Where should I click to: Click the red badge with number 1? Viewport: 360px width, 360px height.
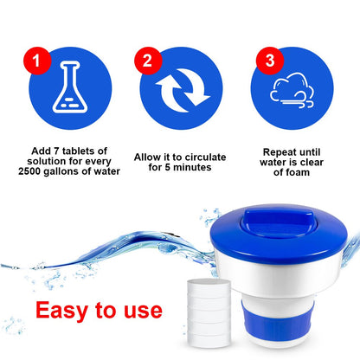coord(37,61)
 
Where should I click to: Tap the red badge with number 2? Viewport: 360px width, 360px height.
coord(148,61)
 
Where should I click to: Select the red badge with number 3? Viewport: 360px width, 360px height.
coord(270,61)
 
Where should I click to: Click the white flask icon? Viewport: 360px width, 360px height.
coord(70,87)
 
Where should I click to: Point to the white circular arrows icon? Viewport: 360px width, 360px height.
coord(182,90)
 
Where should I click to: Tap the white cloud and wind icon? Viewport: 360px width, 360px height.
coord(292,90)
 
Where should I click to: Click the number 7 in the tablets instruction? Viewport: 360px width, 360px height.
coord(57,151)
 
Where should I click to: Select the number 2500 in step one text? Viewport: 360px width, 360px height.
coord(29,171)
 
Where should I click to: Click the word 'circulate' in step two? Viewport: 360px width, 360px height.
coord(205,157)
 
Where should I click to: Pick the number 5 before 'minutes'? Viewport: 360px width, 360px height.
coord(168,167)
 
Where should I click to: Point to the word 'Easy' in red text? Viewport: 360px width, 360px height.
coord(61,311)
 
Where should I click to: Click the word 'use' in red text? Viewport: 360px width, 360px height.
coord(143,312)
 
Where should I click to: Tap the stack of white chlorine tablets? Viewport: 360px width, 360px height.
coord(209,312)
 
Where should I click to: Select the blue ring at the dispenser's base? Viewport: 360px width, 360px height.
coord(276,321)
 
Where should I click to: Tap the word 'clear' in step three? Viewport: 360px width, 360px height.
coord(312,162)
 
